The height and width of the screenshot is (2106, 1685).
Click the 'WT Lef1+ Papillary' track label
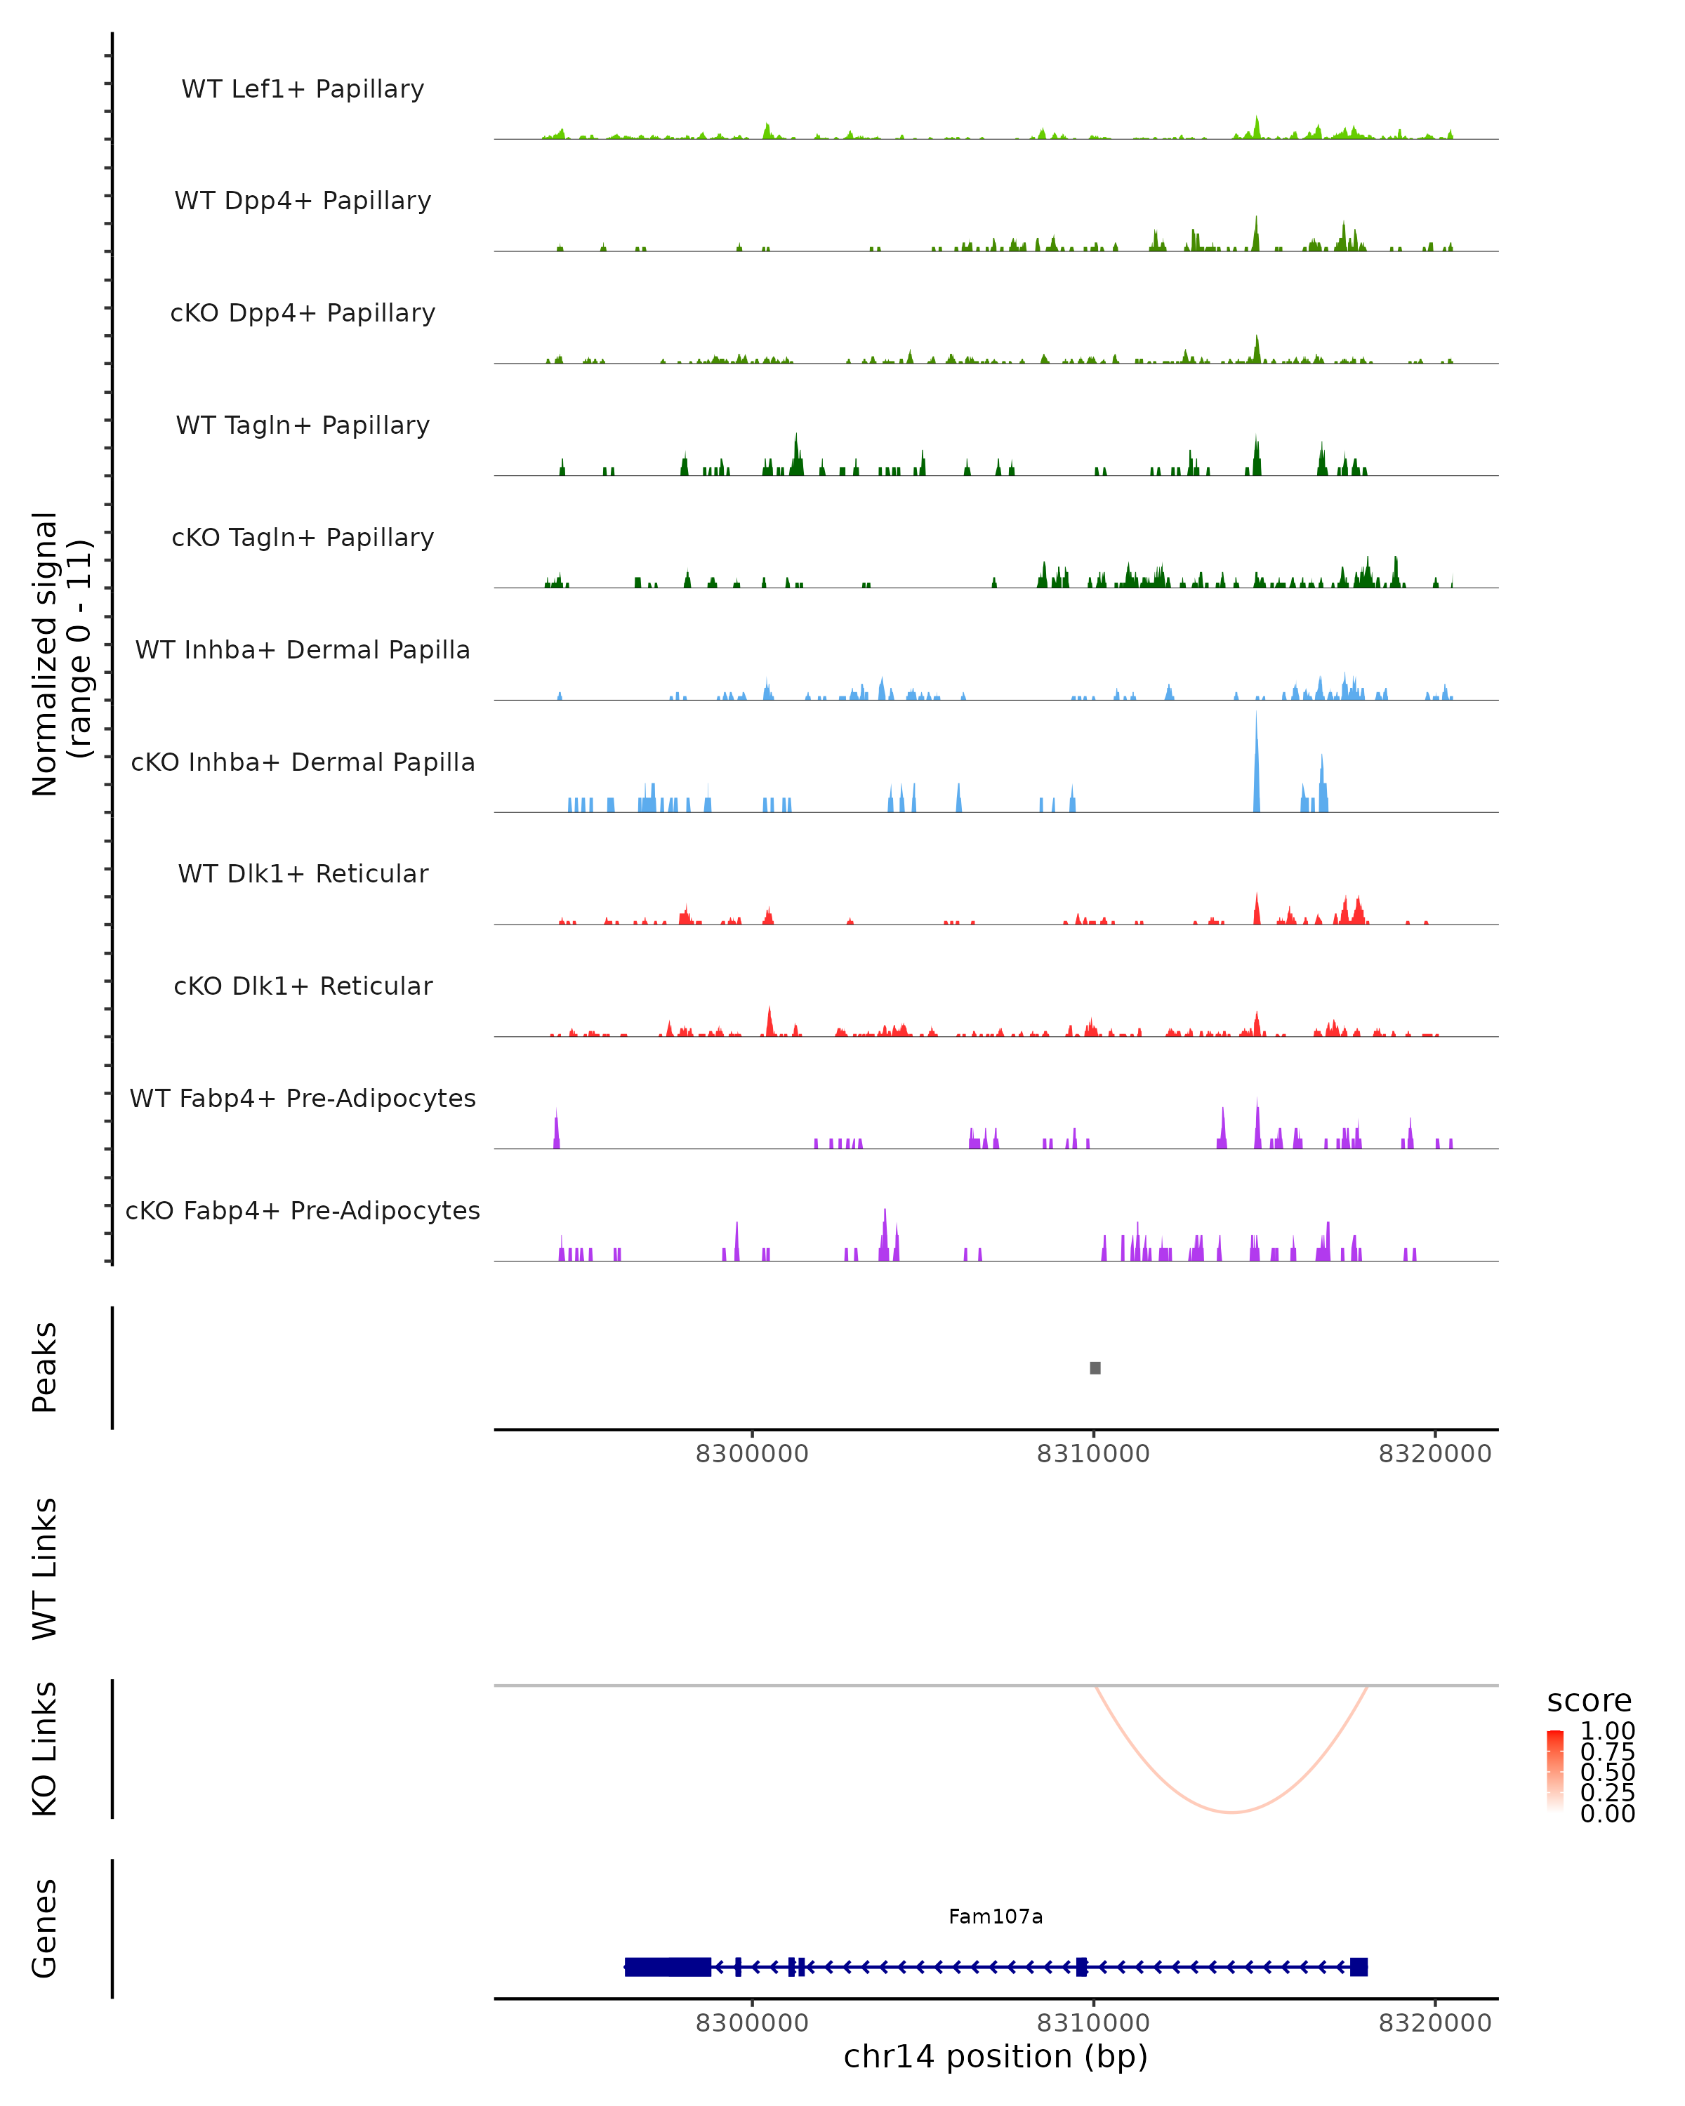[303, 89]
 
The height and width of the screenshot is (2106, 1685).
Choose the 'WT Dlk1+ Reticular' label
[303, 873]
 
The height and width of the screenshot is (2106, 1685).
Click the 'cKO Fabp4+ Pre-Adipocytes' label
[303, 1210]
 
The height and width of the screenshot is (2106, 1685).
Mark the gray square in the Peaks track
[1095, 1367]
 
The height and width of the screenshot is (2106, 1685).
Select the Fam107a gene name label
[996, 1916]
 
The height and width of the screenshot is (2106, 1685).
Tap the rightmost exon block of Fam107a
[1358, 1966]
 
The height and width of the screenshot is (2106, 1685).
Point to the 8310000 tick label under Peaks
[1093, 1454]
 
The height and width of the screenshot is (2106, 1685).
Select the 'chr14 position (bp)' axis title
[996, 2057]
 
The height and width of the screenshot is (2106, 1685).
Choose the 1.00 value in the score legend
[1607, 1730]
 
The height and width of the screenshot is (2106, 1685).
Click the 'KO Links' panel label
[45, 1749]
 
